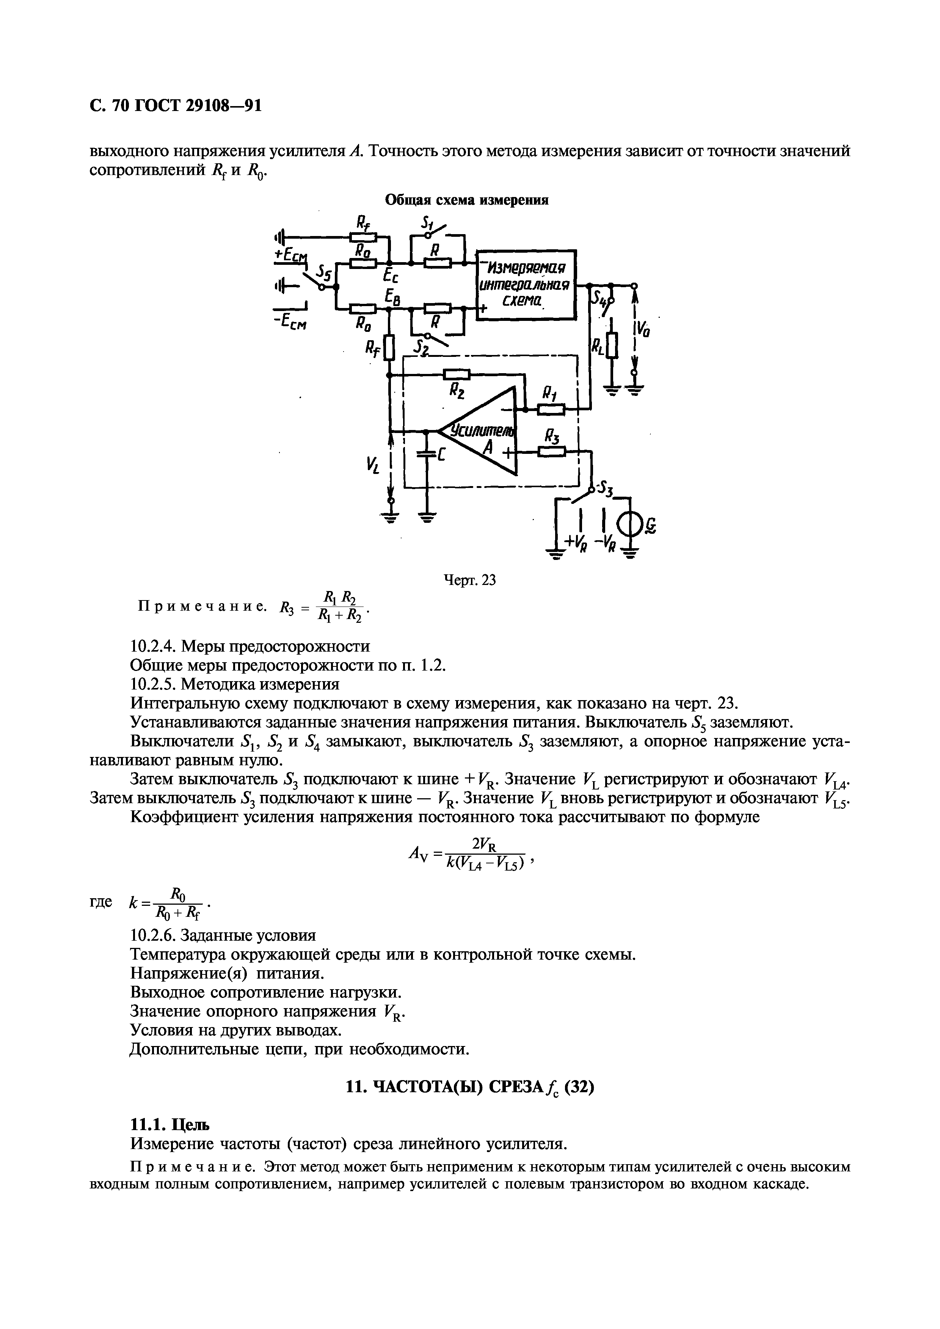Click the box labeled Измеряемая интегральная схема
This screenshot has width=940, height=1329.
point(526,284)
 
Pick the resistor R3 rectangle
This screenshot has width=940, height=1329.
point(551,452)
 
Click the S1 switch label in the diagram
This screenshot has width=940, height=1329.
point(427,222)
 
